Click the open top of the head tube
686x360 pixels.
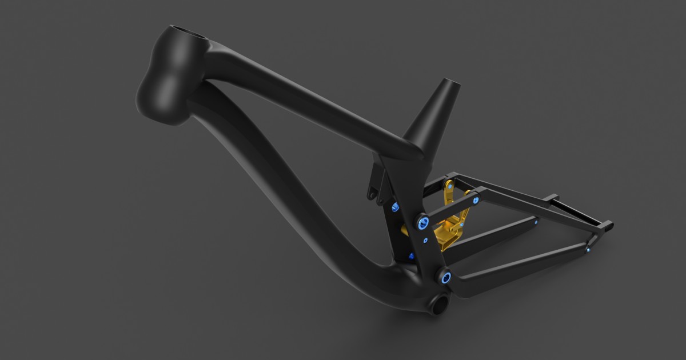coord(188,33)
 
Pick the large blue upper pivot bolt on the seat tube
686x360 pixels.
coord(422,222)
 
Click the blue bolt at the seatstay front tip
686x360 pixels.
coord(476,199)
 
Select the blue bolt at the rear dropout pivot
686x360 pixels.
coord(588,248)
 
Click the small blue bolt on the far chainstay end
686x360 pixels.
coord(536,223)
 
